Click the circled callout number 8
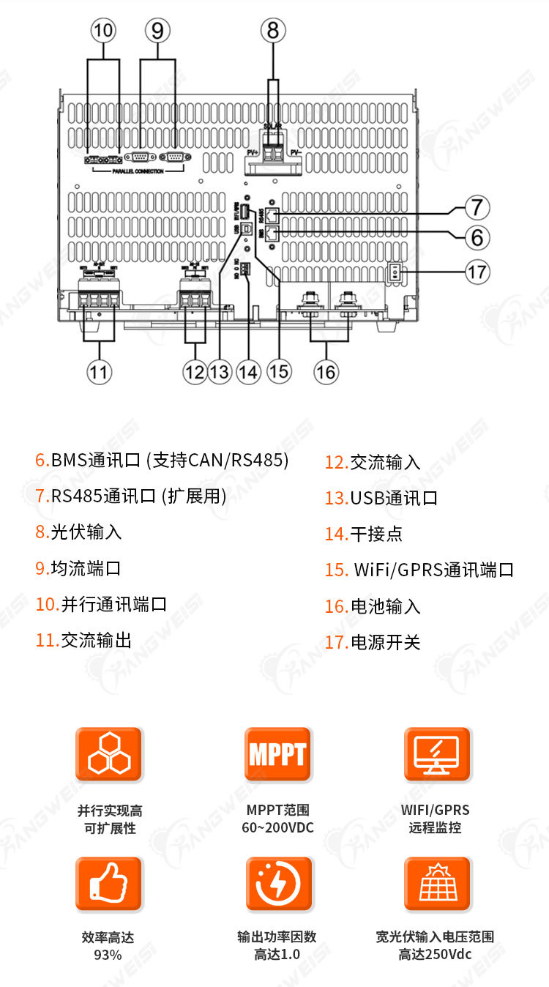(273, 31)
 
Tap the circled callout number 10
(104, 31)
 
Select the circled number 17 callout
(477, 272)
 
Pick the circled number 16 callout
(326, 371)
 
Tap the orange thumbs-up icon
(108, 884)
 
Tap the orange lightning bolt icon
(278, 884)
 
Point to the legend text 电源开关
(386, 643)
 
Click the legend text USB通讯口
(394, 498)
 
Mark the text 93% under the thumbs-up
(108, 955)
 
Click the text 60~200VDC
(277, 828)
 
